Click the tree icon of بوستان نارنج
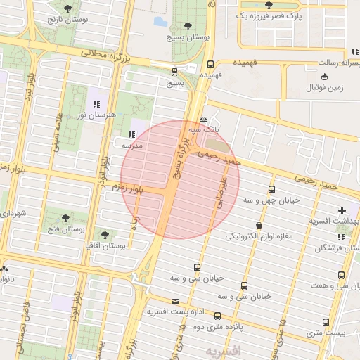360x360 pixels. pos(67,8)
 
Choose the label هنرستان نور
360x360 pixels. pos(94,114)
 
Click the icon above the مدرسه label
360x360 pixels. pos(131,134)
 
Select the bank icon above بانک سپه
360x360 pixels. pos(203,120)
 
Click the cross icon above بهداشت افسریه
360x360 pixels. pos(342,210)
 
